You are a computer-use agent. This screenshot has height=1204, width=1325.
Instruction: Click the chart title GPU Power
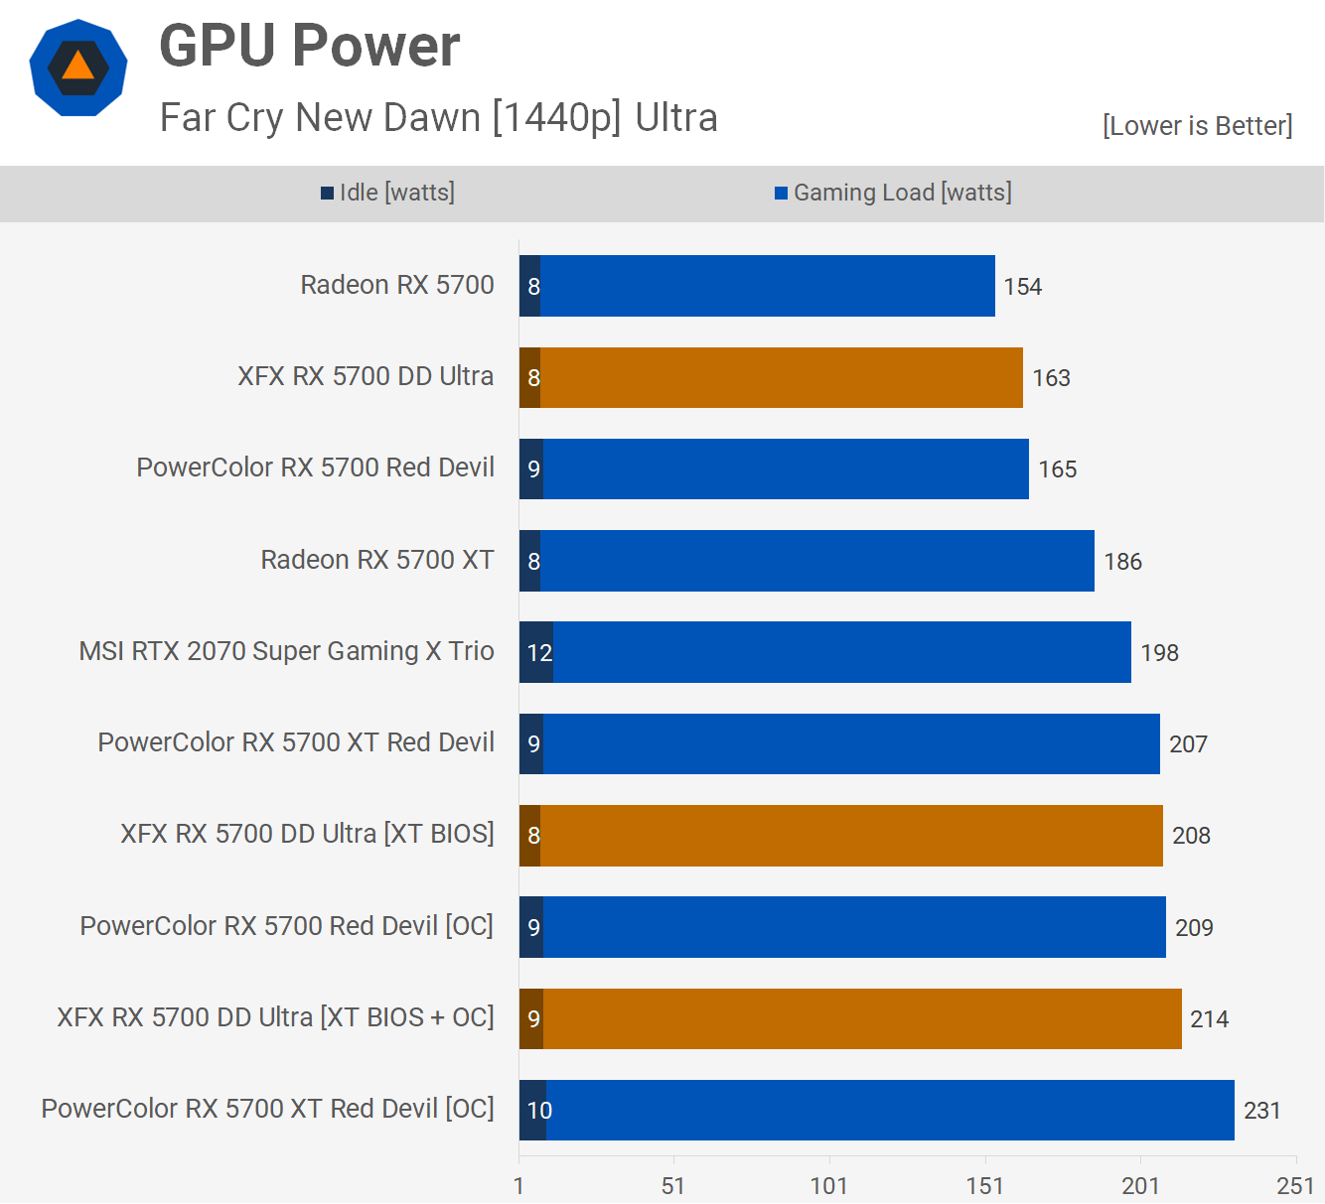click(309, 46)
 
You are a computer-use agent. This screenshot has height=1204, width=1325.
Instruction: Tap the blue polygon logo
click(78, 67)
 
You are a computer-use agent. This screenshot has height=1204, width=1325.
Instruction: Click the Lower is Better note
click(1197, 126)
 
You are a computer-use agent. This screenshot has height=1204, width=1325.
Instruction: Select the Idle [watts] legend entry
click(388, 193)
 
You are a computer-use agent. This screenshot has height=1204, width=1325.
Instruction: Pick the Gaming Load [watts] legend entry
click(894, 193)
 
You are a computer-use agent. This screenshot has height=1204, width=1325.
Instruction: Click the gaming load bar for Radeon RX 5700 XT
click(816, 561)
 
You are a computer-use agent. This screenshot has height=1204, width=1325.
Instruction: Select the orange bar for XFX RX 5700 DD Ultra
click(781, 378)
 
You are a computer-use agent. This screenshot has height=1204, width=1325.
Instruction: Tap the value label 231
click(1261, 1111)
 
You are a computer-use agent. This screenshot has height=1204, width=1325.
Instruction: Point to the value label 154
click(1022, 287)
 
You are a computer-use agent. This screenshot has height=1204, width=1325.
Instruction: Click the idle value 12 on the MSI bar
click(539, 653)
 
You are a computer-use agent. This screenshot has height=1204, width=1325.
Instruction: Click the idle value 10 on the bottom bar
click(539, 1111)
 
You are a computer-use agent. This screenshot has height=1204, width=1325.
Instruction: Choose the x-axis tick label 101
click(828, 1186)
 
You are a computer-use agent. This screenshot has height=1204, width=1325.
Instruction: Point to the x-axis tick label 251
click(1295, 1186)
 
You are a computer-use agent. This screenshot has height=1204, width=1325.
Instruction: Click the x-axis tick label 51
click(673, 1186)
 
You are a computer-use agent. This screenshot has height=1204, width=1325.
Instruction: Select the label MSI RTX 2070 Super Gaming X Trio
click(286, 651)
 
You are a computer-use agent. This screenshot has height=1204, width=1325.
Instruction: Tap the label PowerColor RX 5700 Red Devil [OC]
click(286, 926)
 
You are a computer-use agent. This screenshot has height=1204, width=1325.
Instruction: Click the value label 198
click(1159, 653)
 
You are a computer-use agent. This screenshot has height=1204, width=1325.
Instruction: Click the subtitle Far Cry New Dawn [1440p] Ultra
click(438, 118)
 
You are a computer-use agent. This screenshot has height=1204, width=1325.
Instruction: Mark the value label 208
click(1191, 836)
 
